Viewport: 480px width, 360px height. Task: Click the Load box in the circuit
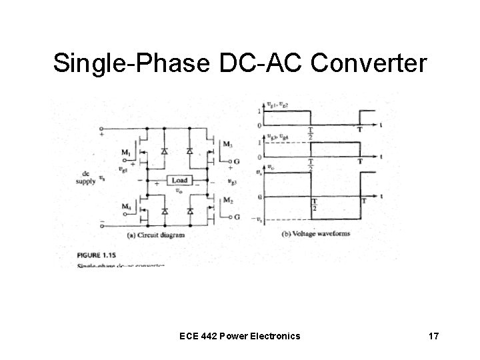click(x=181, y=180)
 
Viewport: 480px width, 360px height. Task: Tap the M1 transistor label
click(x=126, y=153)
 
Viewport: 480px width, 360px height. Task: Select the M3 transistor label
click(x=229, y=145)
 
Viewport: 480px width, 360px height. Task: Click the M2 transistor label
click(x=229, y=201)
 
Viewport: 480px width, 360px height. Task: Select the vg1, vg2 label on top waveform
click(x=277, y=104)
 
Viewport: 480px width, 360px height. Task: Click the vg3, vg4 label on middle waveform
click(x=277, y=137)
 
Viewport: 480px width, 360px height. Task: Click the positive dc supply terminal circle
click(x=101, y=128)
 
